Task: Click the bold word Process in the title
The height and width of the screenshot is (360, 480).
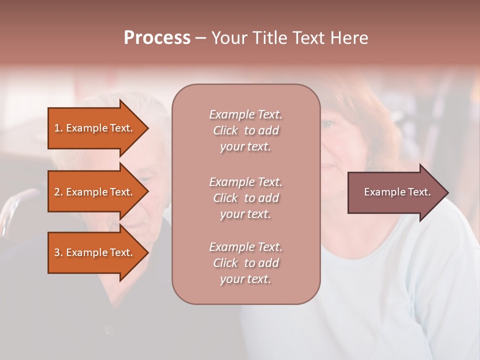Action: (157, 38)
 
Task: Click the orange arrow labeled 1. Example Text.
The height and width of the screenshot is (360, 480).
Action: (95, 128)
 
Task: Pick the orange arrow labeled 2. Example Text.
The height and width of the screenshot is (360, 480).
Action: (95, 192)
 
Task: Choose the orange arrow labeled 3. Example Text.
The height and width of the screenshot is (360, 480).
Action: (95, 252)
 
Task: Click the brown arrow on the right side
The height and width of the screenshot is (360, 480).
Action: (395, 192)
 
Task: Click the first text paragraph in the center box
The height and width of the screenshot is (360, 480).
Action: (245, 130)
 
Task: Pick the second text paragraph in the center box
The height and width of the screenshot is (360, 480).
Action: (245, 198)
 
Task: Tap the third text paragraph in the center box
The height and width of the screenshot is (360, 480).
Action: (245, 263)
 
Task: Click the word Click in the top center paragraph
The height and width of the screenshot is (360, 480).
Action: (225, 130)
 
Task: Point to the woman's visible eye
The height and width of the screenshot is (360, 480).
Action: (328, 123)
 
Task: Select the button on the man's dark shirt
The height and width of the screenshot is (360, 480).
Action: (109, 329)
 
